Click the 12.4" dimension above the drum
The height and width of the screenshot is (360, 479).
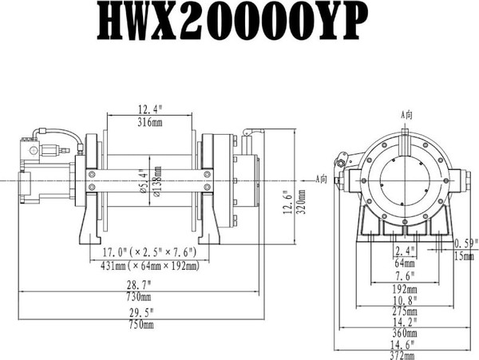coord(150,109)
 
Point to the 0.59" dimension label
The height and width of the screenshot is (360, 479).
coord(464,243)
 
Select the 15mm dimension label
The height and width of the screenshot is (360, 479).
coord(464,255)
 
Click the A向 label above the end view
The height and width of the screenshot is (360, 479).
coord(406,114)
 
